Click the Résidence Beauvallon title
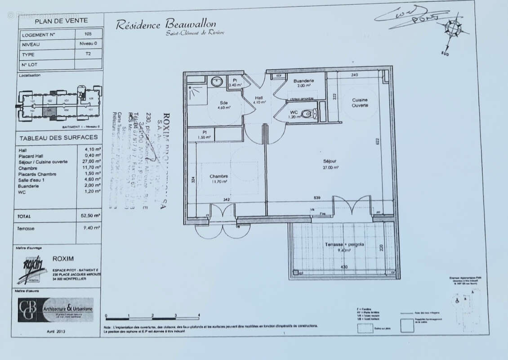point(166,24)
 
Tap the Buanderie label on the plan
point(303,81)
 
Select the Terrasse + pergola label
point(344,244)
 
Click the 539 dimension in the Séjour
point(318,198)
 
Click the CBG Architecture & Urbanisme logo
point(56,310)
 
